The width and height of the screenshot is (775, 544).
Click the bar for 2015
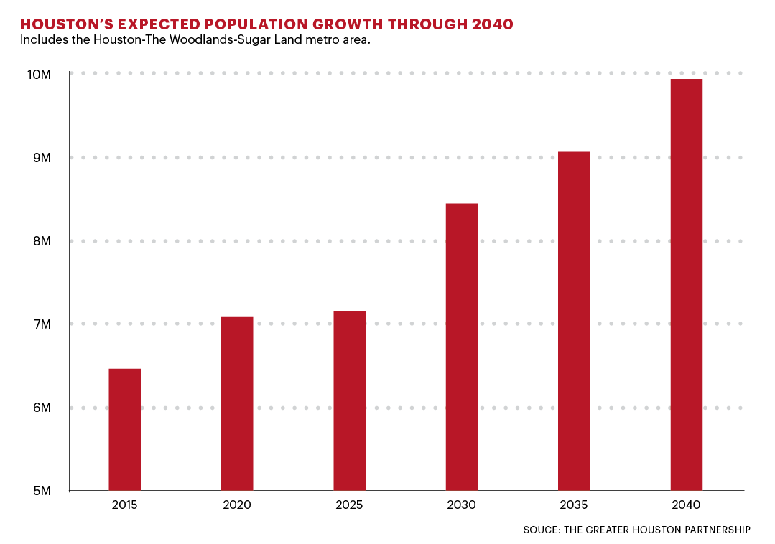point(124,429)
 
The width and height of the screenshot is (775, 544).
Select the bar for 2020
point(237,403)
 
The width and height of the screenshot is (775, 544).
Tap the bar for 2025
point(349,400)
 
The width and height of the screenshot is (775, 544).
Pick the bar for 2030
point(461,347)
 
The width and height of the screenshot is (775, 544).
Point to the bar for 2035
point(574,321)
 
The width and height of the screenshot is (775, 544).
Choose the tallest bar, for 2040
point(686,284)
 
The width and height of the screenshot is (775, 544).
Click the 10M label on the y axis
point(40,75)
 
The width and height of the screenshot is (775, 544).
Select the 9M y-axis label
point(42,158)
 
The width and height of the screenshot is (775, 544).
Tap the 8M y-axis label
point(42,241)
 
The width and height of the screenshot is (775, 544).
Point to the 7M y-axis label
point(42,324)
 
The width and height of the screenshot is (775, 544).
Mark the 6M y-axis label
point(42,408)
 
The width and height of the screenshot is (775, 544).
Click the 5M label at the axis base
point(42,492)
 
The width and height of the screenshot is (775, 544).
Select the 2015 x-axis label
point(125,505)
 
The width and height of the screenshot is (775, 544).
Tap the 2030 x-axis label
point(461,505)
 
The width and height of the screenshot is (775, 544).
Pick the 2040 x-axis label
point(686,505)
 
